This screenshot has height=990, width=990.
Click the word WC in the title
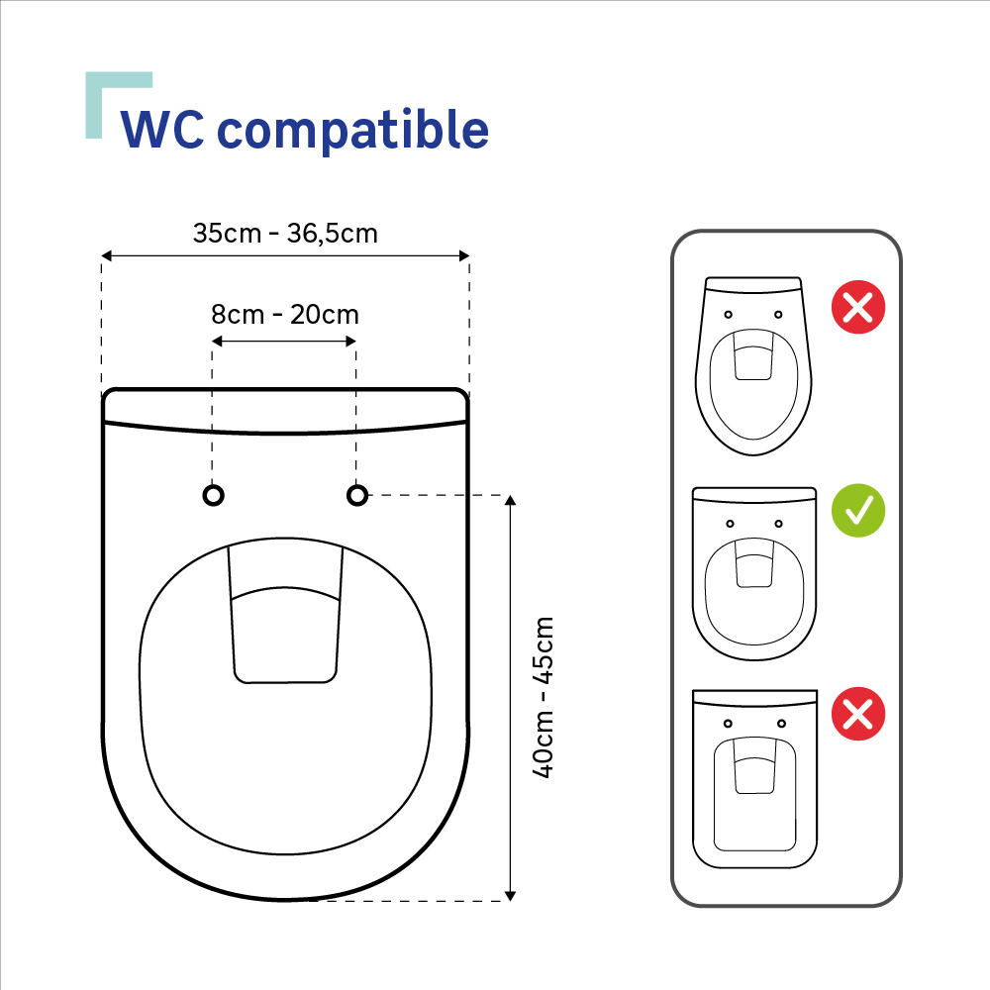[162, 130]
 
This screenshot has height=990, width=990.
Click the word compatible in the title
[353, 130]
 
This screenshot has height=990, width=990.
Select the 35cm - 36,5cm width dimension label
[285, 234]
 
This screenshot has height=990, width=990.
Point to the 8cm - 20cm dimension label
[285, 315]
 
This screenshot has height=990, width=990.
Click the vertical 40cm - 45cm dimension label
[543, 698]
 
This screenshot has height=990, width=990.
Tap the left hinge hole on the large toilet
[214, 496]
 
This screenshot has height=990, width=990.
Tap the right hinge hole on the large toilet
[357, 496]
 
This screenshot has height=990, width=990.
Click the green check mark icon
[858, 511]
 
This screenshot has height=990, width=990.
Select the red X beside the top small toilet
[858, 308]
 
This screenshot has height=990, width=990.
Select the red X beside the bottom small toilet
[858, 714]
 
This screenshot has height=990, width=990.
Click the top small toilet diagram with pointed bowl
[753, 365]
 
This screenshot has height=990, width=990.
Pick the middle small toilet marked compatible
[754, 573]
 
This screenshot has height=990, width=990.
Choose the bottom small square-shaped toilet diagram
[755, 778]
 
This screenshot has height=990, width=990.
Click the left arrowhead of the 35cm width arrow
[106, 255]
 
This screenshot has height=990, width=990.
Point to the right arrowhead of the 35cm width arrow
[464, 255]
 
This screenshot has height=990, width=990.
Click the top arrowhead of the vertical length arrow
[511, 501]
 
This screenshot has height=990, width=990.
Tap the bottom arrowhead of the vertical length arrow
[511, 896]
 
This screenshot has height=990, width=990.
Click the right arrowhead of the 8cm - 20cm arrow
[351, 342]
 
